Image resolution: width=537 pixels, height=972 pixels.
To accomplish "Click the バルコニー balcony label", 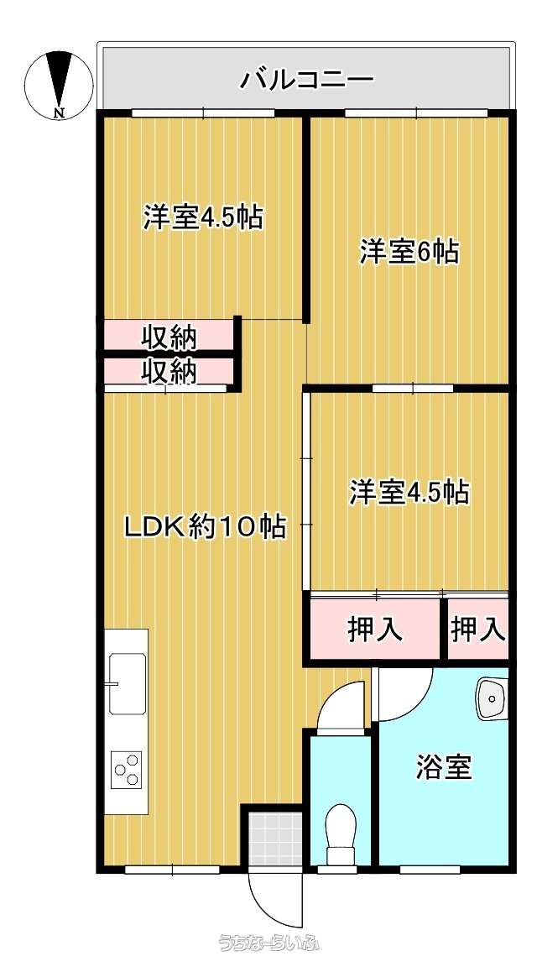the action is [x=307, y=81].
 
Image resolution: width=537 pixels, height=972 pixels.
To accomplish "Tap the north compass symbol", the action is [x=59, y=85].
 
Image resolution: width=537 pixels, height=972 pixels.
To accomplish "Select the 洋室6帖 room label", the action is [x=410, y=253].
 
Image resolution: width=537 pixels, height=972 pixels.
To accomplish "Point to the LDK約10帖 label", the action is [x=206, y=527].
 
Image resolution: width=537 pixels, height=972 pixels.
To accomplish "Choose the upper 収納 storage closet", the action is [x=169, y=337].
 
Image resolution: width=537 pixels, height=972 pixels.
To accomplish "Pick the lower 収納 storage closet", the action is [x=169, y=372].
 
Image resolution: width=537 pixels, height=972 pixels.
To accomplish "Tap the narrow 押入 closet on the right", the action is [x=477, y=630].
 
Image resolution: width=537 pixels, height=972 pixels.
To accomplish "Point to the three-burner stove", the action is [x=127, y=770].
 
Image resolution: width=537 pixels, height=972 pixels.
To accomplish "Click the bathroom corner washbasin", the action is [x=493, y=698].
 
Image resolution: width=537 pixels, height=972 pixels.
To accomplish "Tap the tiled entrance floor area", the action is [x=274, y=838].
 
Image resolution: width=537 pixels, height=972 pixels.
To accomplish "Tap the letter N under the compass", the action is [x=59, y=112].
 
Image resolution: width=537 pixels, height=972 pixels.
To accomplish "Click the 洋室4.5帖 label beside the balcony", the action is [x=204, y=217].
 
